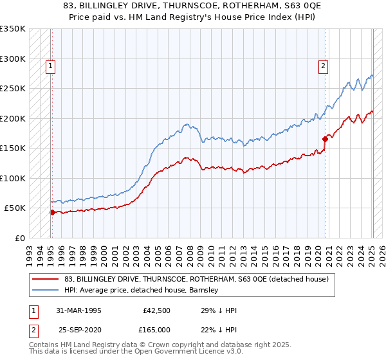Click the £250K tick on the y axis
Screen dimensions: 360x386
click(x=13, y=89)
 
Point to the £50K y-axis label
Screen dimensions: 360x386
click(x=15, y=208)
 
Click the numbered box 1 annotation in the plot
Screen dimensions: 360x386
click(x=50, y=64)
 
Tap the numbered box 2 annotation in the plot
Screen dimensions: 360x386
click(x=323, y=64)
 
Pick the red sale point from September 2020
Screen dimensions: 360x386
click(x=325, y=139)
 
